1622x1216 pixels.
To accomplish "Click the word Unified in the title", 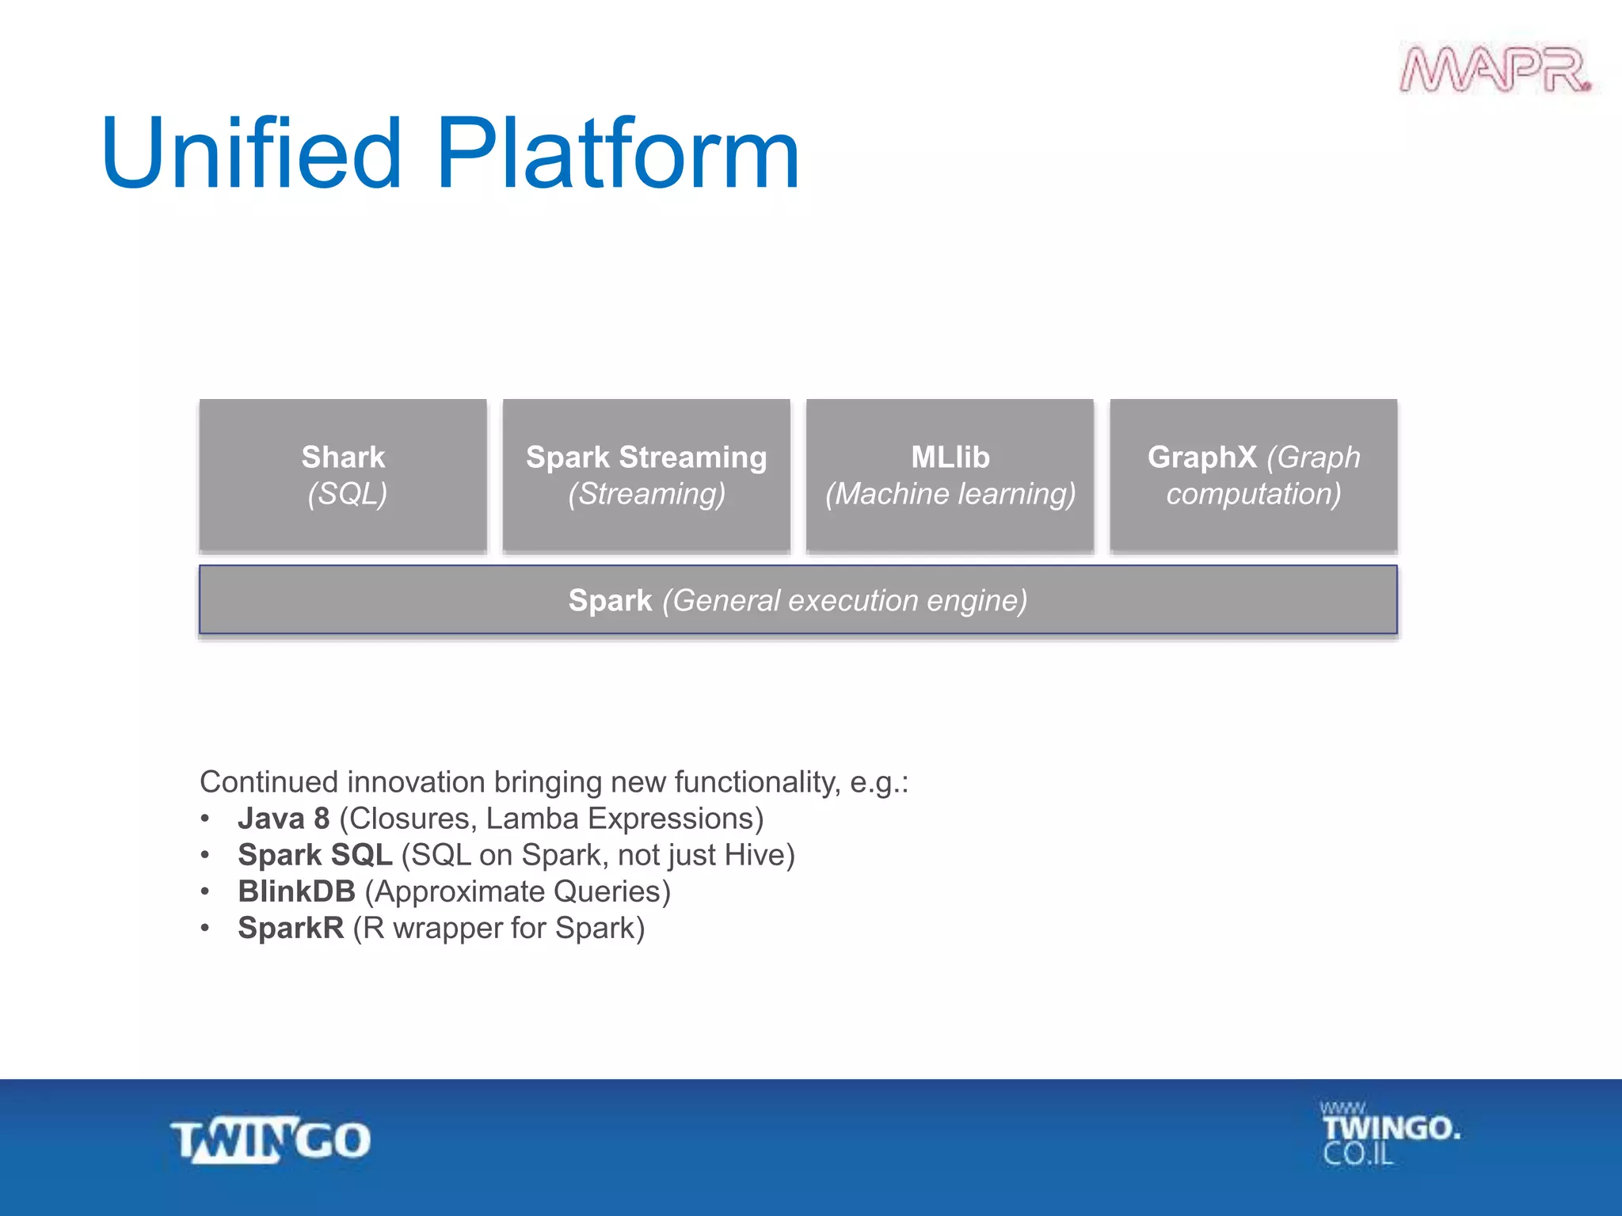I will [252, 154].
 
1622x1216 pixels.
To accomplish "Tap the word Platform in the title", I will [618, 154].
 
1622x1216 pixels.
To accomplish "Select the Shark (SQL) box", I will [343, 475].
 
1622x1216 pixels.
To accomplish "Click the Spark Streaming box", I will [646, 475].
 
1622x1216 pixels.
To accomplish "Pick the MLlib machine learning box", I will [950, 475].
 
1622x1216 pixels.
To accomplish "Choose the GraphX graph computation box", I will [1253, 475].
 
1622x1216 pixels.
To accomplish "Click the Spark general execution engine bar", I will [798, 600].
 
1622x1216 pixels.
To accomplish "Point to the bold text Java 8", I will [284, 819].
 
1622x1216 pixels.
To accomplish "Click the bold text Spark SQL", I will [314, 855].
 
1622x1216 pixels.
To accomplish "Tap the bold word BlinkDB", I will [296, 891].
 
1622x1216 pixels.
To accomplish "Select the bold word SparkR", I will [291, 928].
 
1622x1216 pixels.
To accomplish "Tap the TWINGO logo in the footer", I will [271, 1141].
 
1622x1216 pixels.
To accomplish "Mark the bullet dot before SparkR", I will [205, 928].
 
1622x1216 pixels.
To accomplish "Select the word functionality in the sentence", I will [756, 782].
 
